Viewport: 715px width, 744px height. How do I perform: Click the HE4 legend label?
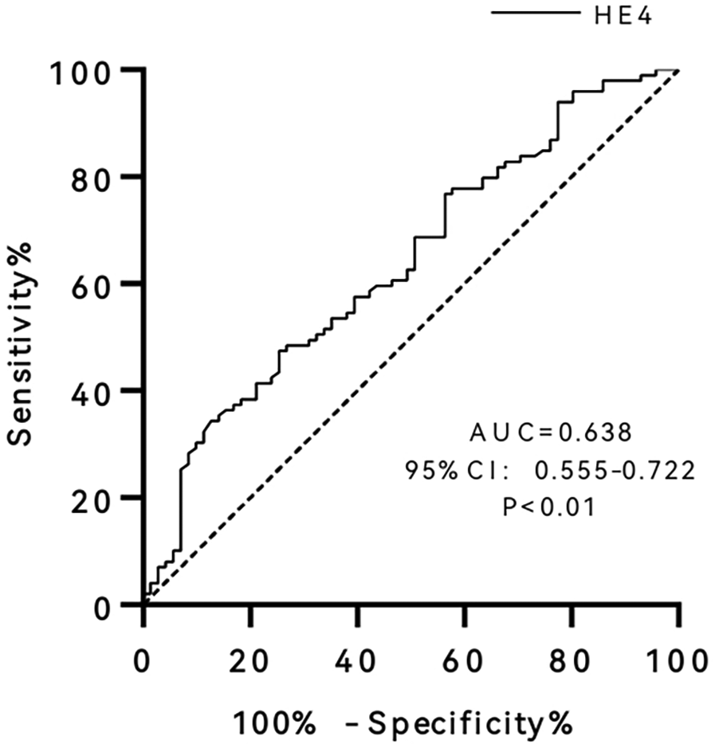[x=623, y=15]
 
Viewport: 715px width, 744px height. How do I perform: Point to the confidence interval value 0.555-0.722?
[x=615, y=471]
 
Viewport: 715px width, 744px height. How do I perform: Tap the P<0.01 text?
[x=549, y=507]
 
